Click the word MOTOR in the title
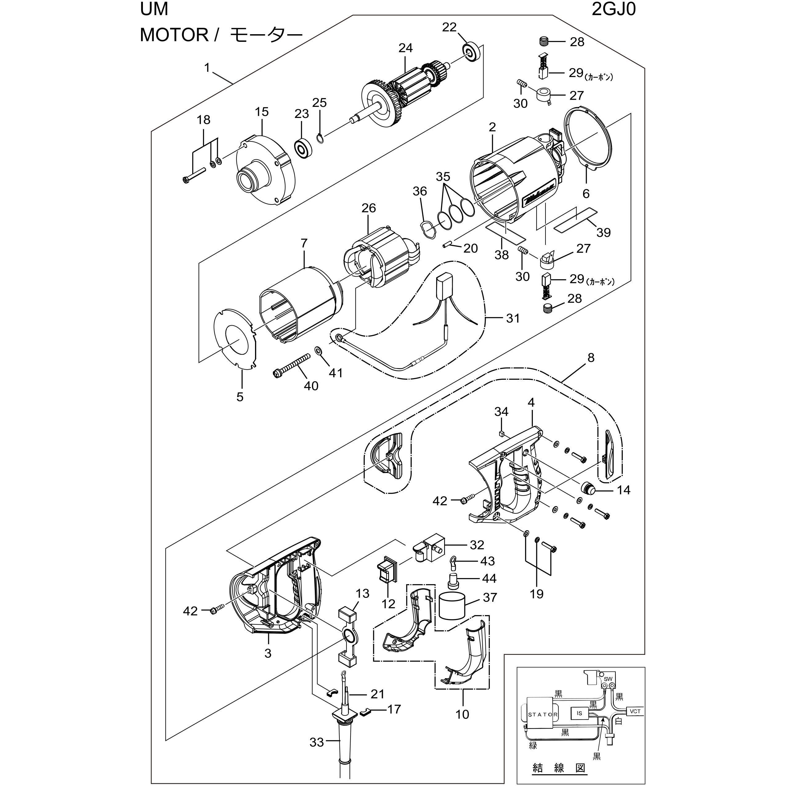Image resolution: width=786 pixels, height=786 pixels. point(174,35)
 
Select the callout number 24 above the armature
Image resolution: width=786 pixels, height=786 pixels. point(405,48)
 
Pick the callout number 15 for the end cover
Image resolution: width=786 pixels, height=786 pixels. point(262,112)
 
